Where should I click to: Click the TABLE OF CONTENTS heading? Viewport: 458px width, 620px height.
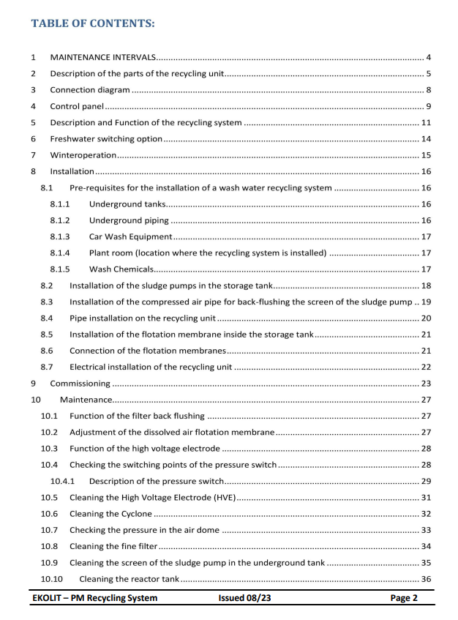pyautogui.click(x=92, y=23)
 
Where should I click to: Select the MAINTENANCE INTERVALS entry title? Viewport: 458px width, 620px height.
pyautogui.click(x=102, y=57)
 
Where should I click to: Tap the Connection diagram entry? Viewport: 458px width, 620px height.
pyautogui.click(x=90, y=90)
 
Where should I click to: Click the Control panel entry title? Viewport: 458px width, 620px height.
pyautogui.click(x=76, y=106)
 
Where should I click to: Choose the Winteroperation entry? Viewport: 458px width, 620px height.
pyautogui.click(x=83, y=155)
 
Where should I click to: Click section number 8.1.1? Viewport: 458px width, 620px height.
pyautogui.click(x=60, y=204)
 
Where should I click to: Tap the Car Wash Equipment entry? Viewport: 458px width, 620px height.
pyautogui.click(x=130, y=236)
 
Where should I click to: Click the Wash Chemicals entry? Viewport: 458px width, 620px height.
pyautogui.click(x=121, y=269)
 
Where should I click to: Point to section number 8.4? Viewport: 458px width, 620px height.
pyautogui.click(x=47, y=318)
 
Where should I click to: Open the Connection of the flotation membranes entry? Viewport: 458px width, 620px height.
pyautogui.click(x=147, y=351)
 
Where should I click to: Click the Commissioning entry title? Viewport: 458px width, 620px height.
pyautogui.click(x=80, y=384)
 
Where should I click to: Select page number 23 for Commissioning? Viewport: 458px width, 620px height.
pyautogui.click(x=426, y=384)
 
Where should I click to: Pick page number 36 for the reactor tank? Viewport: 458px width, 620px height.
pyautogui.click(x=426, y=580)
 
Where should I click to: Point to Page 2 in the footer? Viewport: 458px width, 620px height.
pyautogui.click(x=404, y=598)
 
